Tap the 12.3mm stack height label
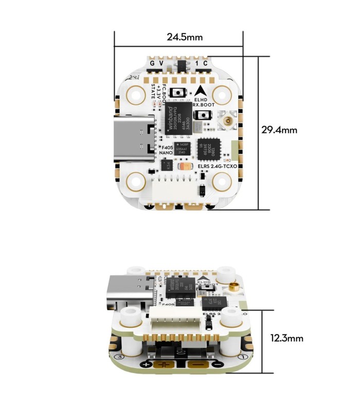tap(286, 338)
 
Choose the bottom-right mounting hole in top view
tap(223, 180)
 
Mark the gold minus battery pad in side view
tap(197, 366)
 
